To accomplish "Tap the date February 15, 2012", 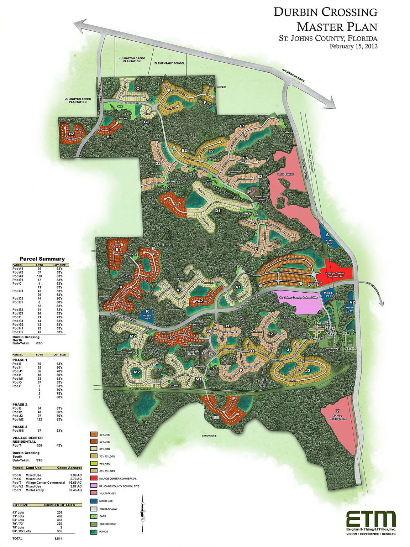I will click(353, 46).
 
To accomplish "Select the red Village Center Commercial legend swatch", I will click(94, 478).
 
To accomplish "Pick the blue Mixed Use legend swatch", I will click(94, 501).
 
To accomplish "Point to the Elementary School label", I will click(169, 63).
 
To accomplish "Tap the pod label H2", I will click(72, 134).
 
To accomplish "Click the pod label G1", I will click(139, 89).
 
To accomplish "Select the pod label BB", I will click(216, 417).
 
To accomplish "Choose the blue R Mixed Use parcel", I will click(147, 315).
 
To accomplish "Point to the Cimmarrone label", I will click(209, 436).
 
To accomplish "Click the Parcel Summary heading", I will click(42, 259).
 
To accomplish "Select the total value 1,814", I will click(58, 538).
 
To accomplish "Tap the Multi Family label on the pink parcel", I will click(285, 174).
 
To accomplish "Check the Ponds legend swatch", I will click(94, 532).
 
